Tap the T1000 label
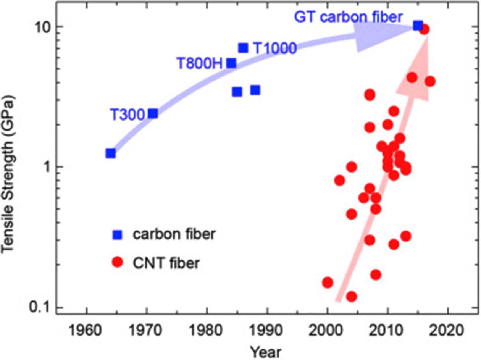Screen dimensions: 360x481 point(274,48)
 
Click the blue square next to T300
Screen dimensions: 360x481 point(153,113)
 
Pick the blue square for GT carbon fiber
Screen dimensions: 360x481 point(418,26)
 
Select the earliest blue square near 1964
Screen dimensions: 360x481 point(111,153)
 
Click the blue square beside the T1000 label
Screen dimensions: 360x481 point(243,48)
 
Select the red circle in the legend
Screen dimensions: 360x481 point(118,262)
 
